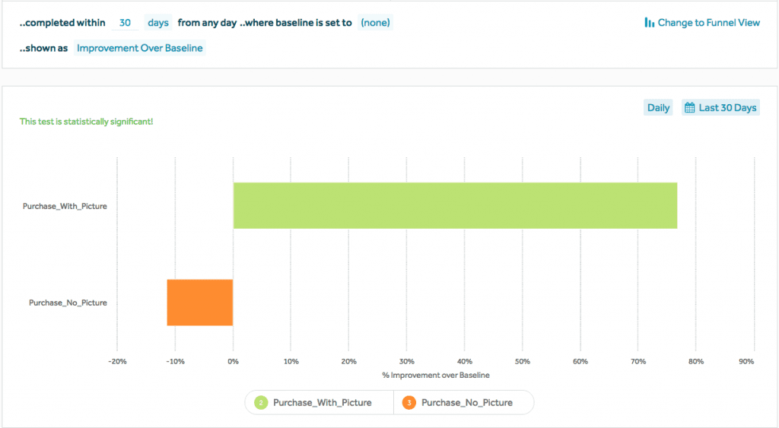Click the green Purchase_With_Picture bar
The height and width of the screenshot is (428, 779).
click(x=455, y=205)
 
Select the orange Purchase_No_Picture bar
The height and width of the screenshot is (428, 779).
click(x=200, y=303)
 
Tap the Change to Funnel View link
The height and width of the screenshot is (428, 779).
click(x=702, y=23)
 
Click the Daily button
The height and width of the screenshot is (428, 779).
click(x=658, y=108)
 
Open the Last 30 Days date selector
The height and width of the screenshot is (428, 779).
click(x=720, y=108)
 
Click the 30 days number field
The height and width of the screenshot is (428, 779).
click(x=126, y=23)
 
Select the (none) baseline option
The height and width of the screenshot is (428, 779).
click(x=375, y=23)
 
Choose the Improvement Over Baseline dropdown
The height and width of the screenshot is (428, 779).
click(x=140, y=48)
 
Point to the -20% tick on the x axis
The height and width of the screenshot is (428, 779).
click(x=117, y=361)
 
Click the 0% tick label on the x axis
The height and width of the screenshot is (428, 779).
click(x=234, y=361)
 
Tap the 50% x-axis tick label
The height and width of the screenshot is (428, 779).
click(x=523, y=361)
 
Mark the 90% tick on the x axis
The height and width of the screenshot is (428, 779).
click(x=746, y=361)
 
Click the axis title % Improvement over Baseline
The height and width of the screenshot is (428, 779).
click(x=436, y=375)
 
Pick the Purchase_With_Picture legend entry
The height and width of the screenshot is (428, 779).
click(x=322, y=402)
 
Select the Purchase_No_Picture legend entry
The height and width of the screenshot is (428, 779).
click(x=466, y=402)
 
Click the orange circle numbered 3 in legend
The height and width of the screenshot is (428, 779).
click(x=409, y=402)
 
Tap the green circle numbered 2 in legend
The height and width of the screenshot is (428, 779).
click(x=261, y=402)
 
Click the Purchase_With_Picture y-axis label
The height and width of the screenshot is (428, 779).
click(x=65, y=205)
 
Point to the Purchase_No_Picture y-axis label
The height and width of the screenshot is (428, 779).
click(x=68, y=303)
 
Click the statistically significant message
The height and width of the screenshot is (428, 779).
click(x=86, y=122)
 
